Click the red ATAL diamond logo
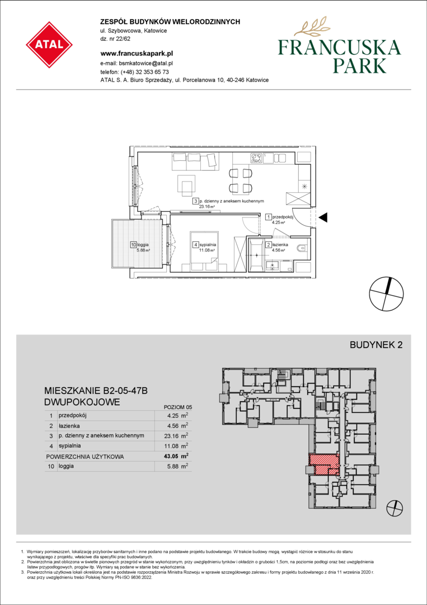coord(49,45)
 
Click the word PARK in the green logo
coord(358,65)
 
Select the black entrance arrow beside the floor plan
coord(323,218)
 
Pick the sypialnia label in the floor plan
coord(208,244)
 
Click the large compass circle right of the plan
coord(387,294)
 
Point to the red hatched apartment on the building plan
coord(325,464)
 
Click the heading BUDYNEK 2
coord(376,345)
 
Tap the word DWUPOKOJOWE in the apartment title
coord(82,402)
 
